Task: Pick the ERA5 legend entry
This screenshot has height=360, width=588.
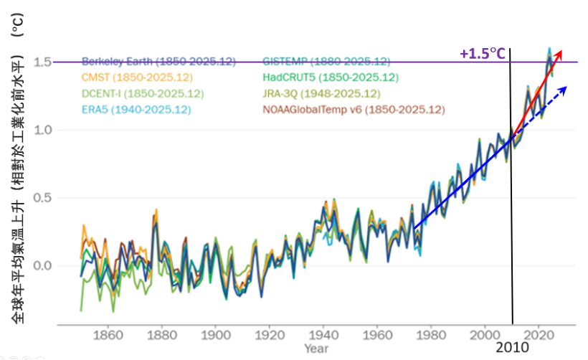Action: [136, 110]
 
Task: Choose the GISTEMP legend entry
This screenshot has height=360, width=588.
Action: [326, 61]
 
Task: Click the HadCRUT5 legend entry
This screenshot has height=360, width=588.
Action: [331, 77]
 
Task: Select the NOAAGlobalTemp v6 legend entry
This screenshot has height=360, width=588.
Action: [354, 110]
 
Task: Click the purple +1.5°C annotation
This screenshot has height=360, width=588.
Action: [483, 54]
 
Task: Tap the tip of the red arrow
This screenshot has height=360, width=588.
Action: [561, 51]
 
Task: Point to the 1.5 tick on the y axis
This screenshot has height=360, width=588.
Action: [42, 62]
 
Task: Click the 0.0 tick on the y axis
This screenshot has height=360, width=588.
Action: [42, 265]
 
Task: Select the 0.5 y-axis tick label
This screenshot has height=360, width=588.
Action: [42, 198]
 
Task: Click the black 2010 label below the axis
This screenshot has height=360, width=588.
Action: [513, 347]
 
